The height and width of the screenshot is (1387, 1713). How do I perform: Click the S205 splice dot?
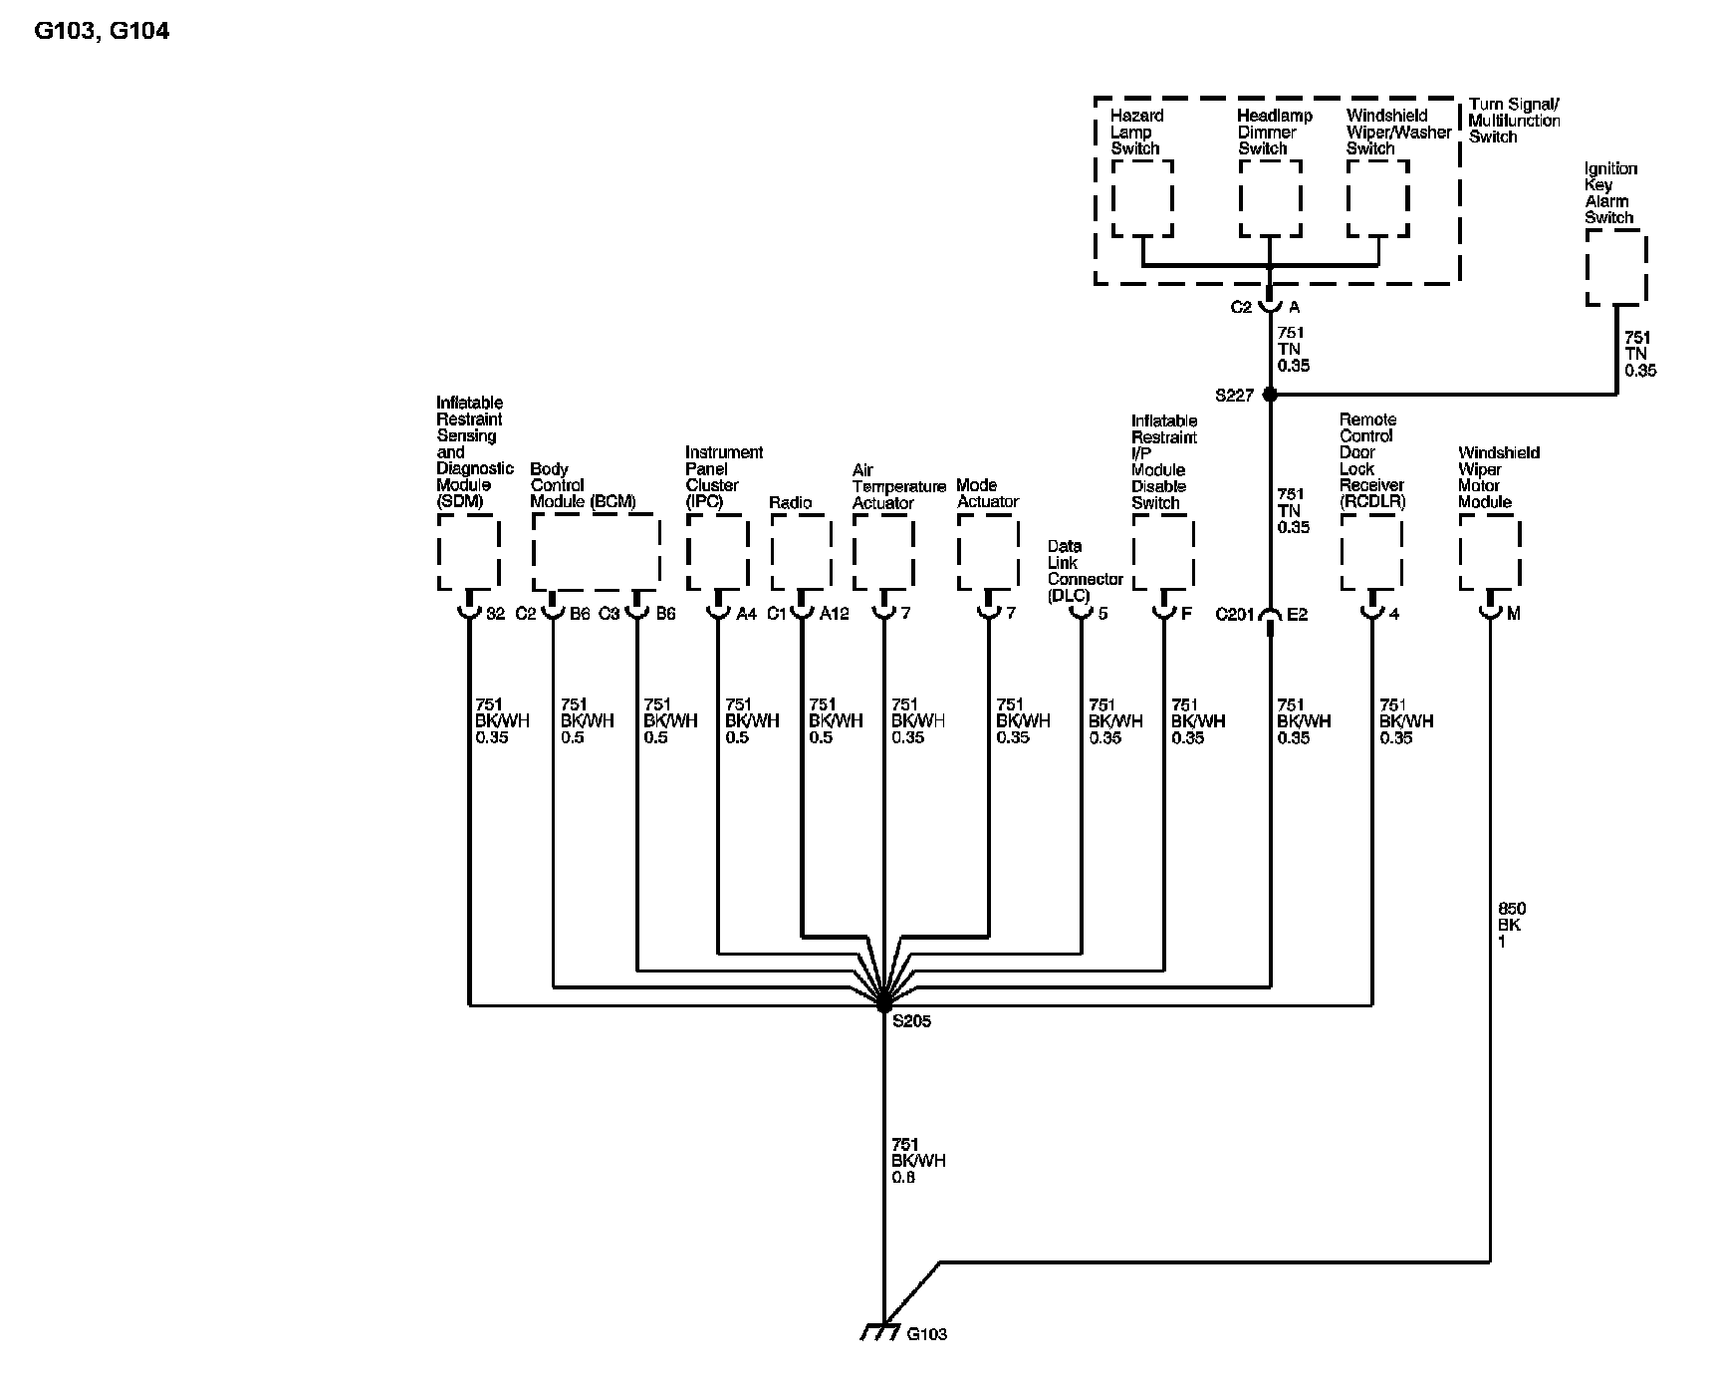pyautogui.click(x=883, y=1005)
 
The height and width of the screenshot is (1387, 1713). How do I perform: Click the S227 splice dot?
pyautogui.click(x=1270, y=395)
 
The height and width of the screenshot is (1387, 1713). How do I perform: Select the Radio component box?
pyautogui.click(x=801, y=553)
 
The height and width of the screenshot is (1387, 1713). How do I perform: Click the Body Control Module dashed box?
pyautogui.click(x=596, y=553)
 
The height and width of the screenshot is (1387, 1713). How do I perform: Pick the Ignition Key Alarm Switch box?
pyautogui.click(x=1615, y=267)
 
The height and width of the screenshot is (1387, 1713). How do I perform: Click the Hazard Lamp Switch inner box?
pyautogui.click(x=1142, y=198)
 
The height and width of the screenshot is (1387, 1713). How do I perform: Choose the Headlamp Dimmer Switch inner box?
pyautogui.click(x=1270, y=198)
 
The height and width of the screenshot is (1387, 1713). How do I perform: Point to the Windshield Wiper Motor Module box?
pyautogui.click(x=1489, y=553)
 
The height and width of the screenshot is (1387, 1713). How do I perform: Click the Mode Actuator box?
pyautogui.click(x=988, y=553)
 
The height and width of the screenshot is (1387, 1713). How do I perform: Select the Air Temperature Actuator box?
pyautogui.click(x=883, y=553)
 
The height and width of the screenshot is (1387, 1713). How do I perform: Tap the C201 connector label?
pyautogui.click(x=1234, y=615)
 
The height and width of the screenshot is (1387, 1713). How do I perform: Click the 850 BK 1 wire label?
pyautogui.click(x=1511, y=925)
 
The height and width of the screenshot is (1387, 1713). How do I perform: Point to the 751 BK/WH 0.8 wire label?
pyautogui.click(x=918, y=1161)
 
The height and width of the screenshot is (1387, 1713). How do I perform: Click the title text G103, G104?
pyautogui.click(x=102, y=31)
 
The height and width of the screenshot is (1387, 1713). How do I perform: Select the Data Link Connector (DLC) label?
pyautogui.click(x=1085, y=571)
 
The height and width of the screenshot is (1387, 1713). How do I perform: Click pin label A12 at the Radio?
pyautogui.click(x=835, y=614)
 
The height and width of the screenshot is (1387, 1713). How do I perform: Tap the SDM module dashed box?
pyautogui.click(x=468, y=553)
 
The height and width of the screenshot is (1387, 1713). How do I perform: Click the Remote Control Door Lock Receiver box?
pyautogui.click(x=1371, y=553)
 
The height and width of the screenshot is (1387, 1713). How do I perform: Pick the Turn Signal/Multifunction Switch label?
pyautogui.click(x=1514, y=121)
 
